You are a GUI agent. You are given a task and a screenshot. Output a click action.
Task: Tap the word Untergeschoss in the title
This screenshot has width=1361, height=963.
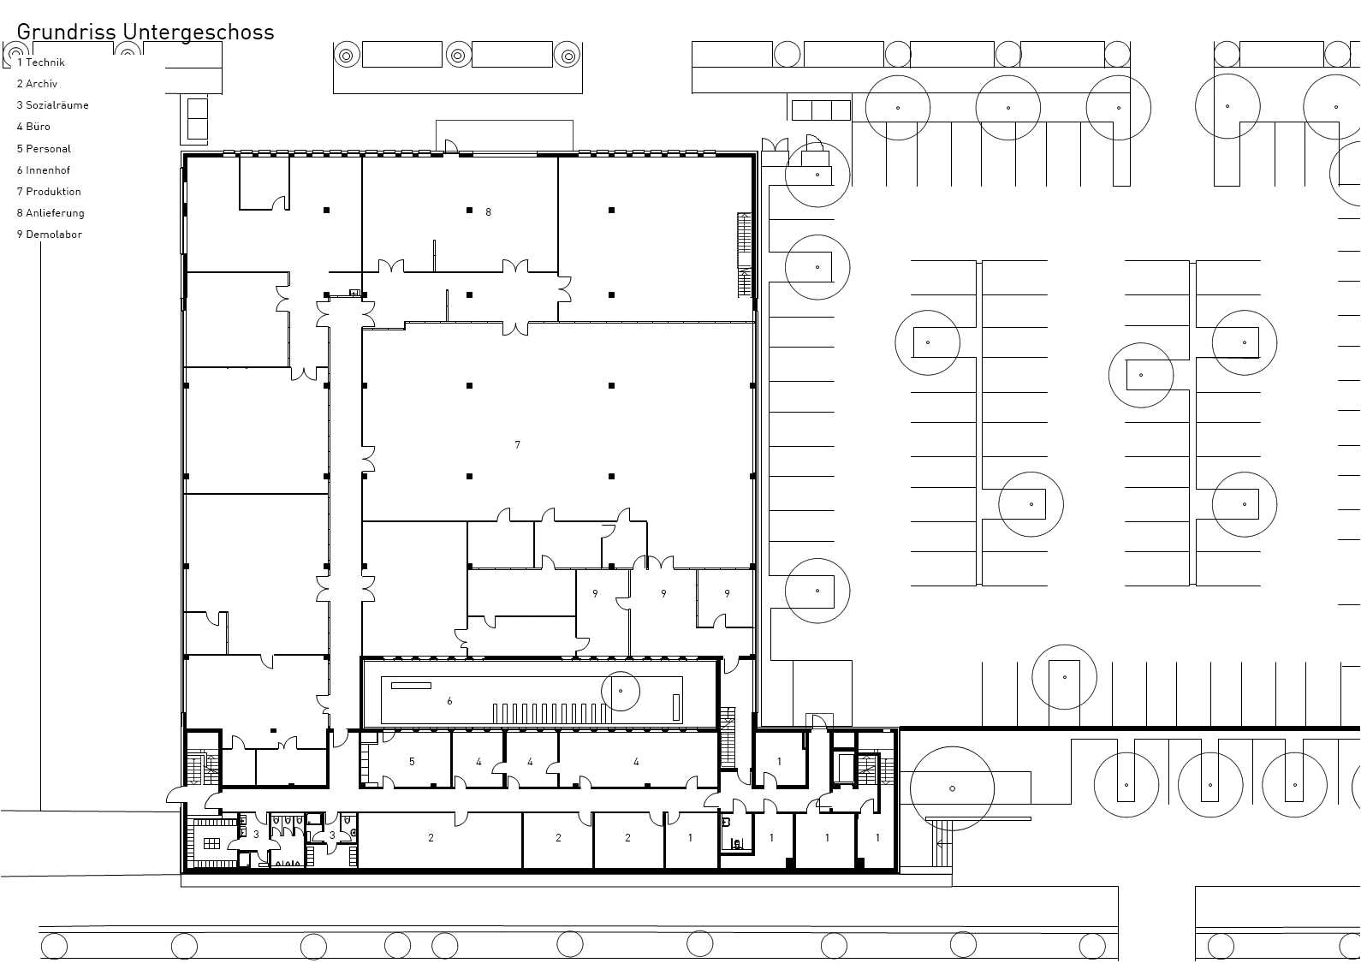tap(198, 33)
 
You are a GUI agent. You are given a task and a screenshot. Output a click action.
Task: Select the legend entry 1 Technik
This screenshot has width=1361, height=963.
tap(41, 62)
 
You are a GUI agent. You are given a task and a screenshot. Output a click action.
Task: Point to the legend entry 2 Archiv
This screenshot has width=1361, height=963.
tap(37, 84)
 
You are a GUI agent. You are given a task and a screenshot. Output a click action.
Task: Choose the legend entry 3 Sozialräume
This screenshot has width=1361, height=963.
tap(53, 105)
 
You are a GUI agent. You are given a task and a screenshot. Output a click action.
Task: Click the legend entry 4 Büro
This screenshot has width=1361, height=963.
tap(33, 127)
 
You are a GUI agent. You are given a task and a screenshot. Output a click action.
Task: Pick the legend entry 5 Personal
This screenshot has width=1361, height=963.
tap(44, 149)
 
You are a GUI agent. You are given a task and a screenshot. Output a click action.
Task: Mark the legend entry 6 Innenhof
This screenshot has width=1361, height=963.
tap(43, 170)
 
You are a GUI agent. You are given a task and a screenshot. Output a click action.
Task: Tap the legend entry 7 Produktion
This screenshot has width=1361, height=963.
tap(49, 192)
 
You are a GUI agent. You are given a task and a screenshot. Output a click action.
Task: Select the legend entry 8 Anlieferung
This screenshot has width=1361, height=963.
tap(51, 212)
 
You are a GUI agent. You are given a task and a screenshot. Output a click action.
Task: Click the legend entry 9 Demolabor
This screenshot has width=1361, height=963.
tap(49, 234)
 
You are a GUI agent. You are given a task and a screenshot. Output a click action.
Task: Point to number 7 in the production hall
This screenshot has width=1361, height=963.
tap(518, 445)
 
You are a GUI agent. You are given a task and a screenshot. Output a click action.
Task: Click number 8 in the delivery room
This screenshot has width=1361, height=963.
tap(488, 212)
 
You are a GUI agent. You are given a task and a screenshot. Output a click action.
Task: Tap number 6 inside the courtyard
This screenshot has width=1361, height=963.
tap(449, 701)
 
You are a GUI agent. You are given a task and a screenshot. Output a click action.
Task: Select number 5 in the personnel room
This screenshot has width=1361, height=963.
tap(412, 761)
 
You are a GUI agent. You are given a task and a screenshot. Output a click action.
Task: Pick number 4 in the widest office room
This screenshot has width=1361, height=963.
tap(636, 761)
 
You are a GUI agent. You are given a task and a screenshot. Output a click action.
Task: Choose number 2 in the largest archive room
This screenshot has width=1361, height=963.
tap(431, 838)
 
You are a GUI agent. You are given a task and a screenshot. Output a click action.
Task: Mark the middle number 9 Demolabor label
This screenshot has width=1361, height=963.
tap(663, 593)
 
